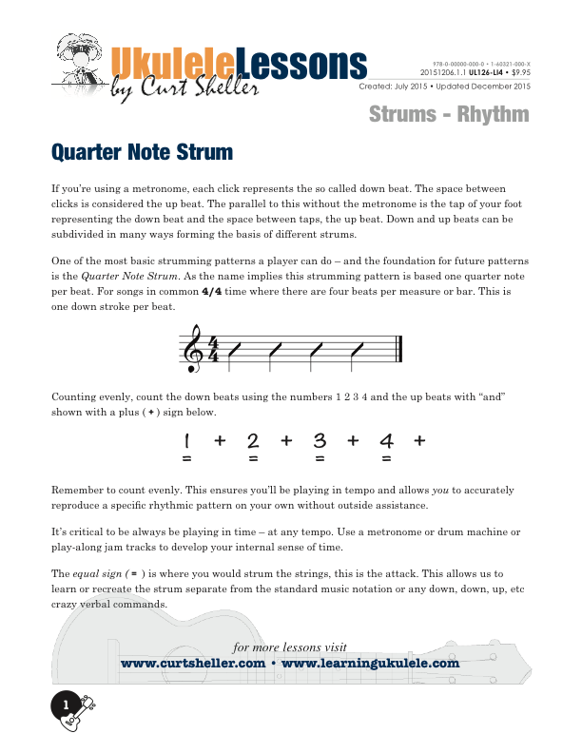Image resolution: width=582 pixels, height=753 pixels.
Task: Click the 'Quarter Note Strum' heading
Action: point(141,151)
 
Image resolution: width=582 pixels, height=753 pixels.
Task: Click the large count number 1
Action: point(187,440)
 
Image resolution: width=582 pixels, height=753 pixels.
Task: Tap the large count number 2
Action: point(253,440)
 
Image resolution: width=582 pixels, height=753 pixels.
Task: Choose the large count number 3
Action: point(320,440)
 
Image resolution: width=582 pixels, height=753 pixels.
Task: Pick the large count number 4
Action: point(386,440)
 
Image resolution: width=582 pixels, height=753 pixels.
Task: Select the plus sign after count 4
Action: point(419,440)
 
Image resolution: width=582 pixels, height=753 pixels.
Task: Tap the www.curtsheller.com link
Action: point(192,664)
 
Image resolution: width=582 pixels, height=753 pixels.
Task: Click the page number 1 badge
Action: point(66,705)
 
